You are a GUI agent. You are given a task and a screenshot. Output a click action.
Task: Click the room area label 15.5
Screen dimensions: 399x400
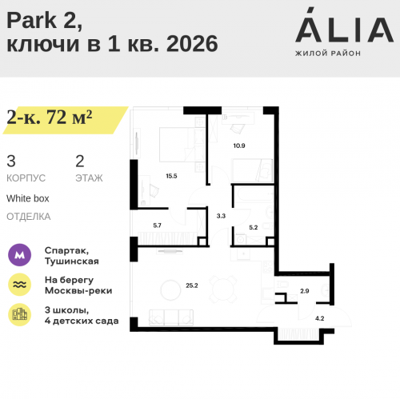pos(170,175)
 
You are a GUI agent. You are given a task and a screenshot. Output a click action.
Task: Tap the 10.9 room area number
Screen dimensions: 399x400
pos(238,146)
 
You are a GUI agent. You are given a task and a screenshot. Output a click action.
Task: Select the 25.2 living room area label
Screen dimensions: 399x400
pos(190,283)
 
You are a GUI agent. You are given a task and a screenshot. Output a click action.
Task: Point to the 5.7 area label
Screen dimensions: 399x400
pos(158,225)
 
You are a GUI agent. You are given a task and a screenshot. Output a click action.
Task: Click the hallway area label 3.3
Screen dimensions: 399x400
pos(222,215)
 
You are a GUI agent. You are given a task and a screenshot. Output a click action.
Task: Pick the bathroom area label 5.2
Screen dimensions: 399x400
pos(254,227)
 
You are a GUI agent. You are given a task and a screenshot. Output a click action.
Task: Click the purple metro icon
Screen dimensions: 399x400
pos(19,255)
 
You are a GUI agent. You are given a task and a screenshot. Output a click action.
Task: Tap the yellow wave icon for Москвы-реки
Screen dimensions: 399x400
pos(19,285)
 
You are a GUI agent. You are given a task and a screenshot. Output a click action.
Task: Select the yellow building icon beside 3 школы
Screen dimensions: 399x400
pos(19,314)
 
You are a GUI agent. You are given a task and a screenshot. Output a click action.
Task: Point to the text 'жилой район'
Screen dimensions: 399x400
pos(328,53)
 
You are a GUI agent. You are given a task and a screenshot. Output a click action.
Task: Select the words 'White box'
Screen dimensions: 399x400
pos(28,198)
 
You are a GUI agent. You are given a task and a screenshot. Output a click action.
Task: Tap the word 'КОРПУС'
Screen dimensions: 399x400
pos(26,178)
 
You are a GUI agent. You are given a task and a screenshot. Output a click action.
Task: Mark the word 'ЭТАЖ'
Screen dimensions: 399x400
pos(89,178)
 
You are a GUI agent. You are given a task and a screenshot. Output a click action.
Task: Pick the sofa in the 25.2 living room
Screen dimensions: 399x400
pos(170,317)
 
